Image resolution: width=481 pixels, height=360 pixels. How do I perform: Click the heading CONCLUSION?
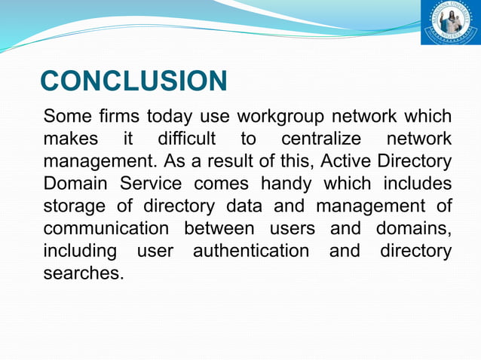coord(133,81)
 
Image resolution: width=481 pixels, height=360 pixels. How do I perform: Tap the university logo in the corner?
coord(449,22)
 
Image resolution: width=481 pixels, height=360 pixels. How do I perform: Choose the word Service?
coord(152,184)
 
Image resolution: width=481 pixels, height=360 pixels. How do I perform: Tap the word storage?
coord(74,206)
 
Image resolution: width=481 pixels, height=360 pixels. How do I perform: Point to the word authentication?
coord(251,250)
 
